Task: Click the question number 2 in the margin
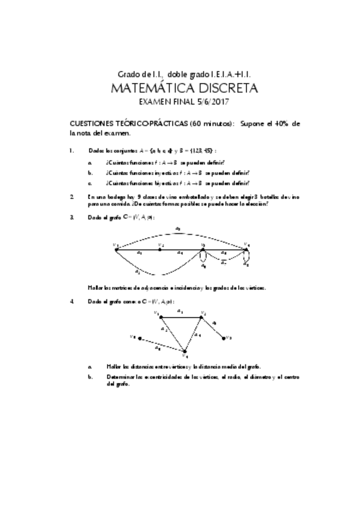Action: tap(72, 197)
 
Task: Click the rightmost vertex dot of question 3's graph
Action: tap(245, 248)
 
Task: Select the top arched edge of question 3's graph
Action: tap(180, 232)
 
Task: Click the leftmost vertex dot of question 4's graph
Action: tap(139, 339)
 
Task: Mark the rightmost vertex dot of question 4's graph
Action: tap(224, 338)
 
